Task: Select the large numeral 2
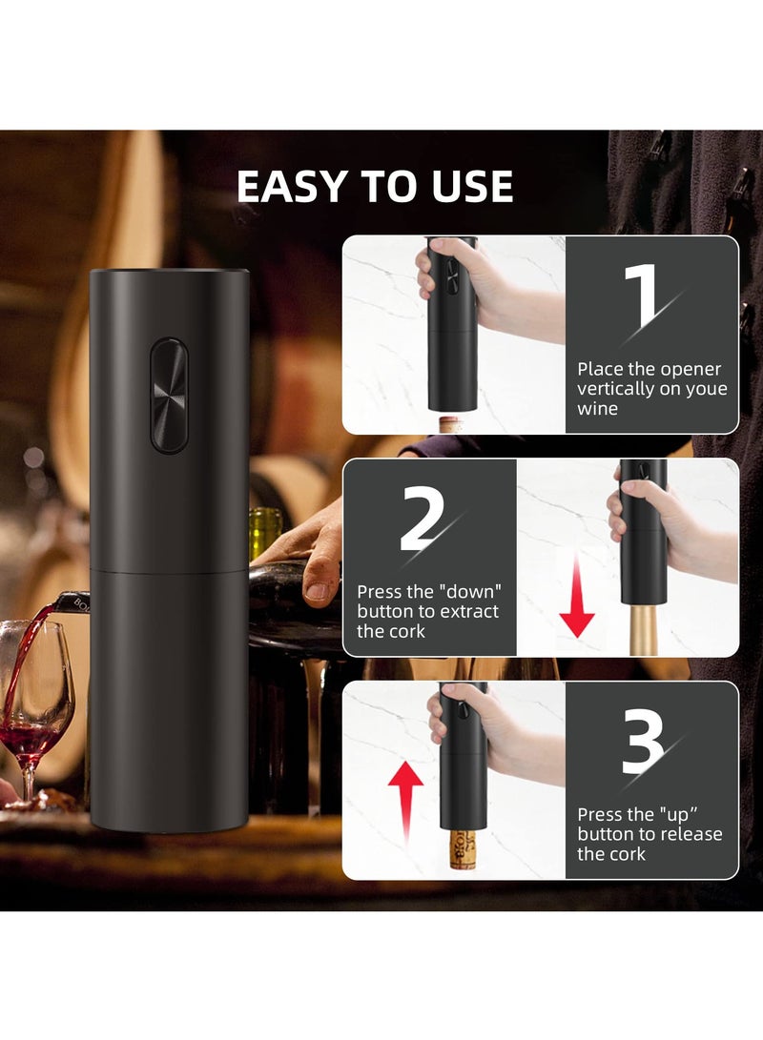tap(423, 520)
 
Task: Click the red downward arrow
tap(577, 602)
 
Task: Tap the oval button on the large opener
tap(169, 395)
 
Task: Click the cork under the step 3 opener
tap(463, 846)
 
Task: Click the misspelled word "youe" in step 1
tap(703, 389)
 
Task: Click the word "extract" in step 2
tap(467, 611)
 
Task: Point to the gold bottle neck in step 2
tap(644, 629)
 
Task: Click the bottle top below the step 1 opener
tap(452, 422)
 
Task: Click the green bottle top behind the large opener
tap(266, 530)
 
